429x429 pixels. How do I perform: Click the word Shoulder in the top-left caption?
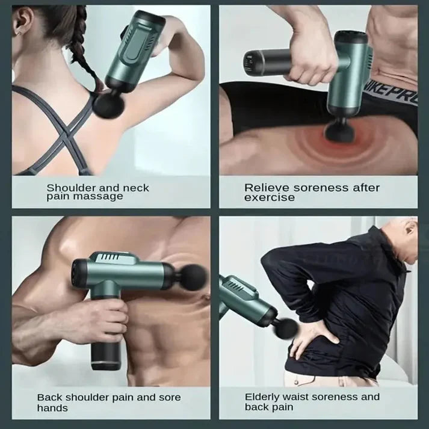(70, 188)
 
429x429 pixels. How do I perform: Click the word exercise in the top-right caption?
(270, 197)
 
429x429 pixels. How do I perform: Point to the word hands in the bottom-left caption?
(52, 408)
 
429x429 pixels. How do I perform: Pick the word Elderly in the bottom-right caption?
(262, 397)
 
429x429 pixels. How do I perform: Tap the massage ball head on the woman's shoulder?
(109, 105)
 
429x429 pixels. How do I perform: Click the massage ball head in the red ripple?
(339, 132)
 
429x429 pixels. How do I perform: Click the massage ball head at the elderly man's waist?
(286, 329)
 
